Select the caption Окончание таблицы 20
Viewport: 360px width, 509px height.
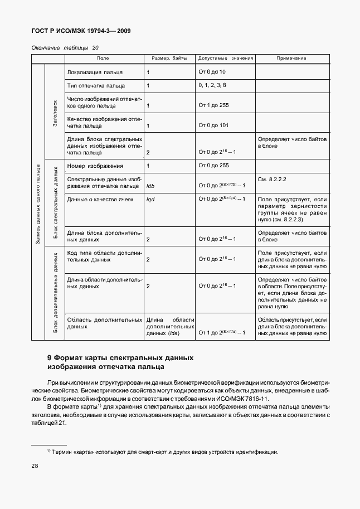65,48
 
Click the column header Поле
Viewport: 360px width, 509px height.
103,59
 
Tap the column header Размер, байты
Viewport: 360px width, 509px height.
169,59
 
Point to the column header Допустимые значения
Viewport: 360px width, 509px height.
225,59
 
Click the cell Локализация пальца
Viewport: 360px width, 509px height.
95,72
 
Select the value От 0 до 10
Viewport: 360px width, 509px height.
212,72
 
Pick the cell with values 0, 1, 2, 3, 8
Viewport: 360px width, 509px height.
212,85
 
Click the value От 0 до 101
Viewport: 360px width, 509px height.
213,125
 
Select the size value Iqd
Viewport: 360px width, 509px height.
150,199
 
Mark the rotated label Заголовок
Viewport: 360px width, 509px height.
55,113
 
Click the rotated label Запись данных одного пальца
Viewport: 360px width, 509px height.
37,203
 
